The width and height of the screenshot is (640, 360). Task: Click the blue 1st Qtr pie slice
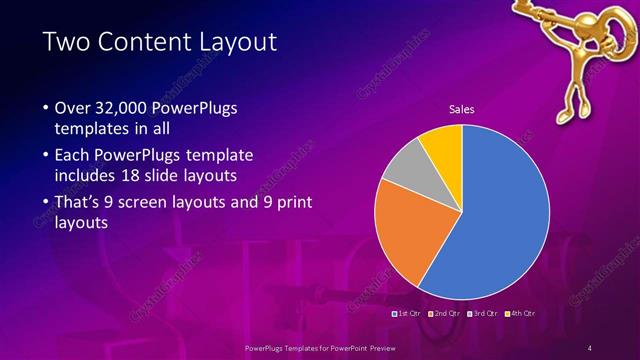pyautogui.click(x=500, y=215)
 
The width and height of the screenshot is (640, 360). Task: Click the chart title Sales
pyautogui.click(x=461, y=109)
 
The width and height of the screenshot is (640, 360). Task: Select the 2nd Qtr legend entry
pyautogui.click(x=445, y=314)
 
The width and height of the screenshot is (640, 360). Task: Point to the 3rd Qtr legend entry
pyautogui.click(x=483, y=314)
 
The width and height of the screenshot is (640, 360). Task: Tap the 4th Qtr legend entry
pyautogui.click(x=521, y=314)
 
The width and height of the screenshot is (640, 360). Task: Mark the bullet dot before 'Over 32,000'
pyautogui.click(x=45, y=108)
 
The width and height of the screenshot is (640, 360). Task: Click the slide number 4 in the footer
pyautogui.click(x=589, y=347)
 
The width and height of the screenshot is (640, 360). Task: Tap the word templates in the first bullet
pyautogui.click(x=91, y=129)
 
